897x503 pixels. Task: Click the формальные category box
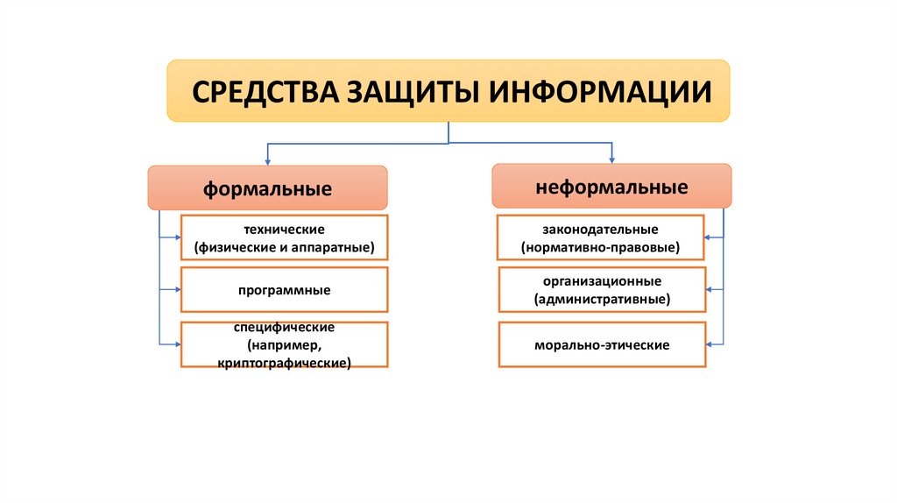(x=267, y=188)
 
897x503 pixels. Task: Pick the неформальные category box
(x=611, y=187)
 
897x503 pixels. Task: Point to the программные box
(x=284, y=289)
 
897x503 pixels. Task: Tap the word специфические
(x=285, y=327)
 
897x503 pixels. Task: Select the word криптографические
(x=285, y=360)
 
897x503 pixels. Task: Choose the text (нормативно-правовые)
(x=600, y=248)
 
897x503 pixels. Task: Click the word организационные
(x=602, y=280)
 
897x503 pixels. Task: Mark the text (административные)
(x=602, y=300)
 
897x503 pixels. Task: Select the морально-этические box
(x=602, y=345)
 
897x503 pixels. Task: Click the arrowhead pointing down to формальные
(x=267, y=161)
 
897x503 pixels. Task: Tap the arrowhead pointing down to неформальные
(x=611, y=159)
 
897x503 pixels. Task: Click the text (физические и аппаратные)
(x=285, y=248)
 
